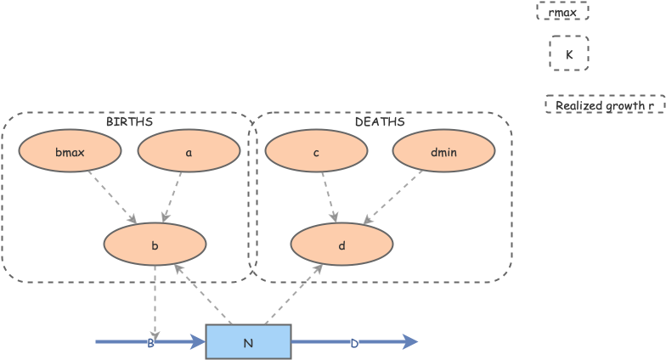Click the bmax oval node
coord(70,152)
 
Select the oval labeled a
coord(189,152)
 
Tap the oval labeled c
coord(316,152)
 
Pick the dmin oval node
coord(443,152)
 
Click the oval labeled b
coord(155,245)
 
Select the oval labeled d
coord(341,245)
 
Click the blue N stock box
coord(248,342)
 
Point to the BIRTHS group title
coord(129,121)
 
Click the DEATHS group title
coord(379,121)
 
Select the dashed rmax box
coord(562,12)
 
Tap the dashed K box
coord(568,53)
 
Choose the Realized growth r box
coord(604,105)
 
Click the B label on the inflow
coord(150,343)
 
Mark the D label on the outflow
coord(354,343)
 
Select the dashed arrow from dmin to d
coord(394,197)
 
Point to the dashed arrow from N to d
coord(294,294)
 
